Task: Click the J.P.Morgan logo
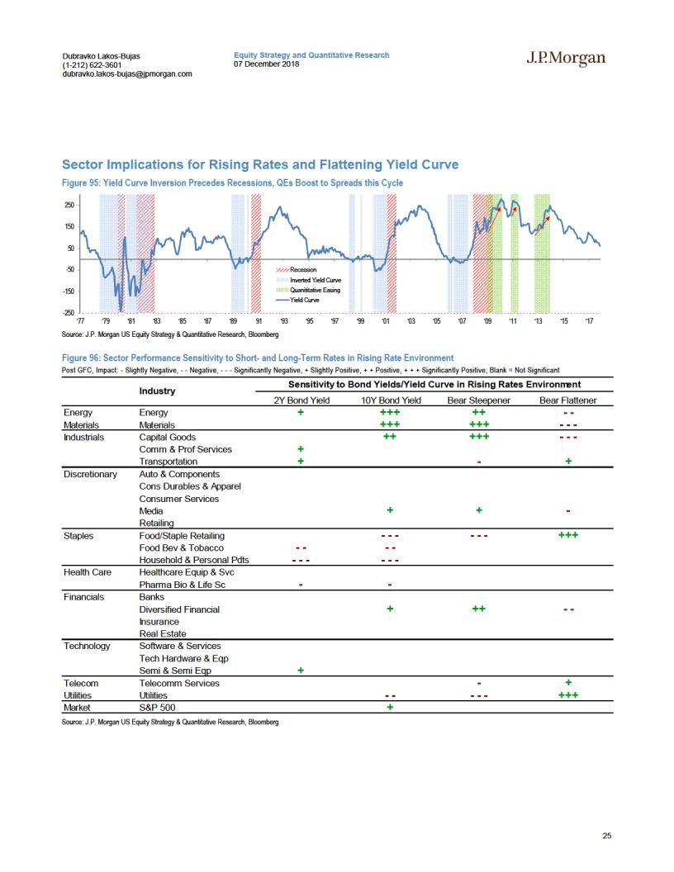[x=566, y=59]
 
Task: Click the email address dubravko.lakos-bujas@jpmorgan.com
[x=127, y=73]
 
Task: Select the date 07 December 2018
[x=266, y=64]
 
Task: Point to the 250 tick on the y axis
[x=69, y=206]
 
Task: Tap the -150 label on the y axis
[x=69, y=291]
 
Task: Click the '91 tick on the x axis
[x=259, y=321]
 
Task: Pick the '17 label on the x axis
[x=590, y=321]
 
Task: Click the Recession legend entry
[x=297, y=270]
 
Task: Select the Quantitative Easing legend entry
[x=308, y=291]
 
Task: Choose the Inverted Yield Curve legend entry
[x=309, y=280]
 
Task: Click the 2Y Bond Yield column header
[x=301, y=400]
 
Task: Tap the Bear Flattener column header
[x=567, y=400]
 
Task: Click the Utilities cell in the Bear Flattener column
[x=568, y=695]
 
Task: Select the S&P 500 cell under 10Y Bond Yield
[x=390, y=708]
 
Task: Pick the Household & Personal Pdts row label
[x=194, y=560]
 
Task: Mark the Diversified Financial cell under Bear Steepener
[x=479, y=609]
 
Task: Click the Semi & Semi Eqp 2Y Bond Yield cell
[x=301, y=671]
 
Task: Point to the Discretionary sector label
[x=90, y=474]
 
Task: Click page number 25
[x=607, y=836]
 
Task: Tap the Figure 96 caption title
[x=258, y=358]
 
